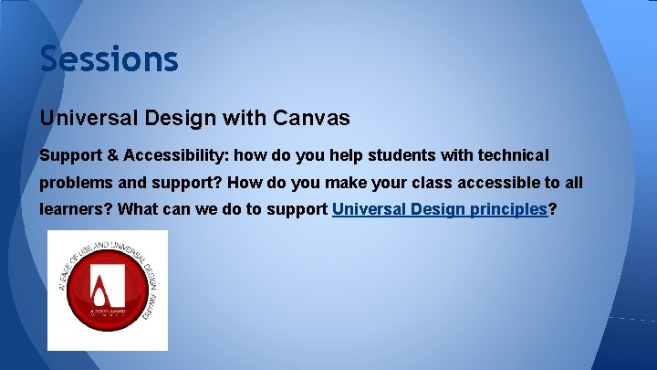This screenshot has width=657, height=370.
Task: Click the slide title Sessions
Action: point(109,60)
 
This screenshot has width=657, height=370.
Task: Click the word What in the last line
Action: point(139,209)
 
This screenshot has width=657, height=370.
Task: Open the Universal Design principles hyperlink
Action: point(439,209)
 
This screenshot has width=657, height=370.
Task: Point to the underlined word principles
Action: point(507,209)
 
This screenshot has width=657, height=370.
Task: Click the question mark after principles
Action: point(553,209)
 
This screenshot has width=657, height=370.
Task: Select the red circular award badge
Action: point(108,291)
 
